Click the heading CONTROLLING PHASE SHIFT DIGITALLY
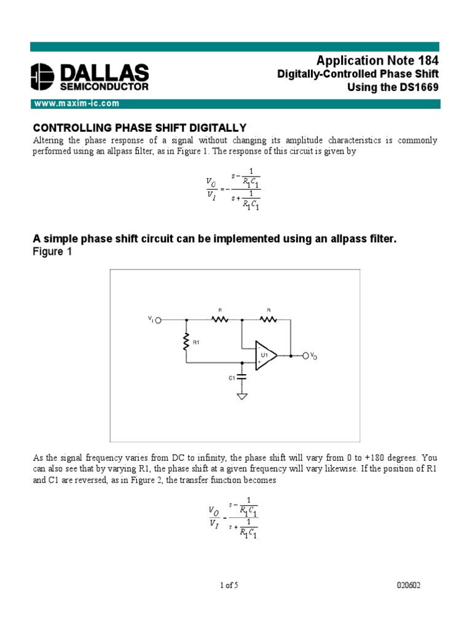coord(139,127)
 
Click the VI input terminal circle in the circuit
coord(159,320)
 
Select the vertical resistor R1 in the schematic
coord(186,343)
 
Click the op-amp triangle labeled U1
coord(265,355)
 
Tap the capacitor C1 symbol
coord(242,376)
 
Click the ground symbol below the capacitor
coord(242,396)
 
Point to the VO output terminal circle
coord(305,355)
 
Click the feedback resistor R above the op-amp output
coord(268,319)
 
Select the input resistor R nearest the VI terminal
coord(219,319)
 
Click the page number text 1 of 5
coord(229,586)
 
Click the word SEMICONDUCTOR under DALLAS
coord(103,87)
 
